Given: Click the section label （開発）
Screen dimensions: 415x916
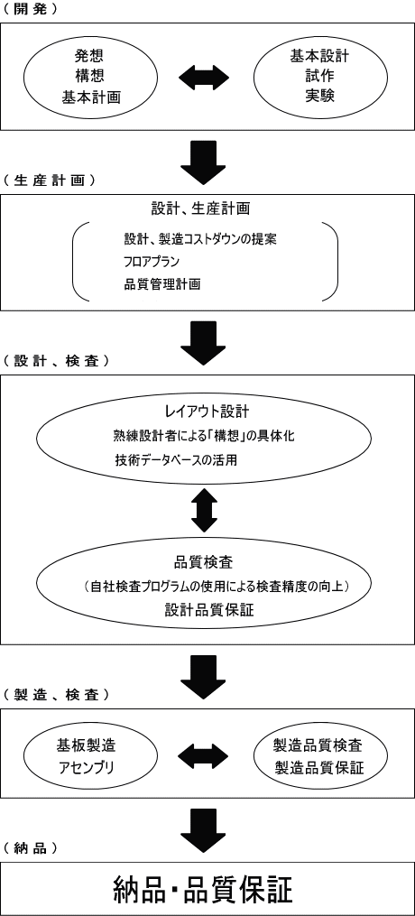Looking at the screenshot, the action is tap(30, 10).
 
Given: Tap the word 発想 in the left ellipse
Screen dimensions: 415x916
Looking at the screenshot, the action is tap(90, 56).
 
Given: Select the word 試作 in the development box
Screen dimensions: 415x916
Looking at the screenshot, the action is tap(319, 76).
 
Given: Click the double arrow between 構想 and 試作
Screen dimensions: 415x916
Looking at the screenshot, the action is tap(204, 77).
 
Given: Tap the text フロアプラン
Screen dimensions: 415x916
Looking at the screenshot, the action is tap(152, 261).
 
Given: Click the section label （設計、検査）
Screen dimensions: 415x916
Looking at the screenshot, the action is tap(56, 360).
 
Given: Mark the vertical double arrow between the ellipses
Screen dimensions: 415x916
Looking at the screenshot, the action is tap(204, 508).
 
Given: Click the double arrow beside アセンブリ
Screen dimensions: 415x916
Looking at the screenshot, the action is tap(204, 756).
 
